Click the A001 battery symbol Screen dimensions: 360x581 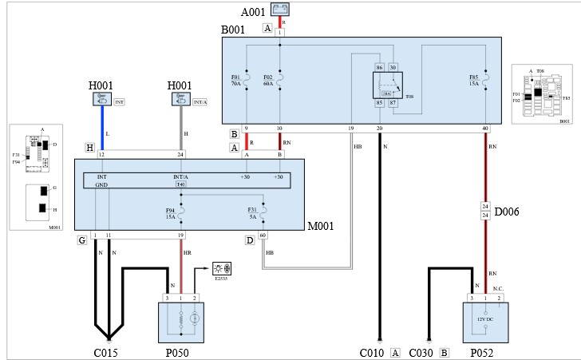[279, 10]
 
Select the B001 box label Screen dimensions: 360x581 [233, 30]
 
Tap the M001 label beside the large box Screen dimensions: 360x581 [321, 226]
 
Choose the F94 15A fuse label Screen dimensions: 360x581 [169, 213]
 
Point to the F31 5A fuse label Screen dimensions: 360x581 [252, 213]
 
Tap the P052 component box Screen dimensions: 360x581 [485, 322]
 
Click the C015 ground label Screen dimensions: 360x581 [105, 351]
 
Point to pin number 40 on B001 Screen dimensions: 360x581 [485, 129]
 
